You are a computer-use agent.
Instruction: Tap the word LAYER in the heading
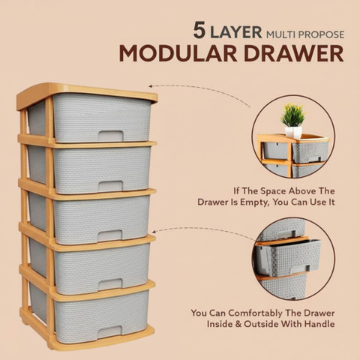pyautogui.click(x=236, y=32)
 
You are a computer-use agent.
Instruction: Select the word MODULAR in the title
pyautogui.click(x=178, y=54)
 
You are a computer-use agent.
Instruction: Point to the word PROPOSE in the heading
pyautogui.click(x=321, y=34)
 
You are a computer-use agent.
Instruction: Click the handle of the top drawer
pyautogui.click(x=110, y=136)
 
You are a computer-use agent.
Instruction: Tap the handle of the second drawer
pyautogui.click(x=110, y=186)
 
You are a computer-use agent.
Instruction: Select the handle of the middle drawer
pyautogui.click(x=110, y=235)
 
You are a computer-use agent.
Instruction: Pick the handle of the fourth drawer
pyautogui.click(x=110, y=284)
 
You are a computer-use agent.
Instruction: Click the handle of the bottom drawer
pyautogui.click(x=109, y=332)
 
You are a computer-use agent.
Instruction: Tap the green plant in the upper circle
pyautogui.click(x=293, y=115)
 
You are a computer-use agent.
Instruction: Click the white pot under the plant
pyautogui.click(x=293, y=133)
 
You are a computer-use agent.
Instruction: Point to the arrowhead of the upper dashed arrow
pyautogui.click(x=151, y=86)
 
